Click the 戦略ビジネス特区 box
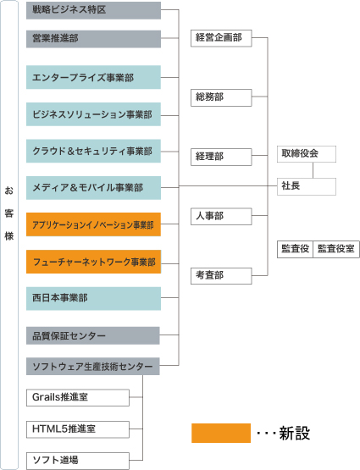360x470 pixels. click(x=93, y=10)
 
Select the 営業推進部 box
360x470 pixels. click(x=93, y=39)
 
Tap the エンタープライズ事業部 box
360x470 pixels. click(x=93, y=77)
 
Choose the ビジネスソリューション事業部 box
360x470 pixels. click(x=93, y=114)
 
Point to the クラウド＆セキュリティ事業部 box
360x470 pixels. click(x=93, y=151)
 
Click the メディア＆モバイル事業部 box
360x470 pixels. click(x=93, y=188)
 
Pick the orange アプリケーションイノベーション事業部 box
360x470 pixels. click(x=93, y=224)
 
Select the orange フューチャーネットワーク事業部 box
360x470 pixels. click(x=93, y=262)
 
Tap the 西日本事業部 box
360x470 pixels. click(x=93, y=299)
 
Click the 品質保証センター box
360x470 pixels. click(x=93, y=335)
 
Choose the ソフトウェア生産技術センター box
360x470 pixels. click(x=93, y=367)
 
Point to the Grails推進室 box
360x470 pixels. click(x=78, y=398)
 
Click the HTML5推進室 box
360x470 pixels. click(x=78, y=429)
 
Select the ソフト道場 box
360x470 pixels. click(x=78, y=461)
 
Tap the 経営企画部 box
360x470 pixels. click(x=221, y=38)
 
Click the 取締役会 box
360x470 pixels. click(x=307, y=154)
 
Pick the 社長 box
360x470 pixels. click(x=307, y=187)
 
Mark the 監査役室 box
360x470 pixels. click(x=336, y=249)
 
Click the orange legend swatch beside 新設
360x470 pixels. click(x=221, y=433)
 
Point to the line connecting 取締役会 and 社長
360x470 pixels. click(x=313, y=170)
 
